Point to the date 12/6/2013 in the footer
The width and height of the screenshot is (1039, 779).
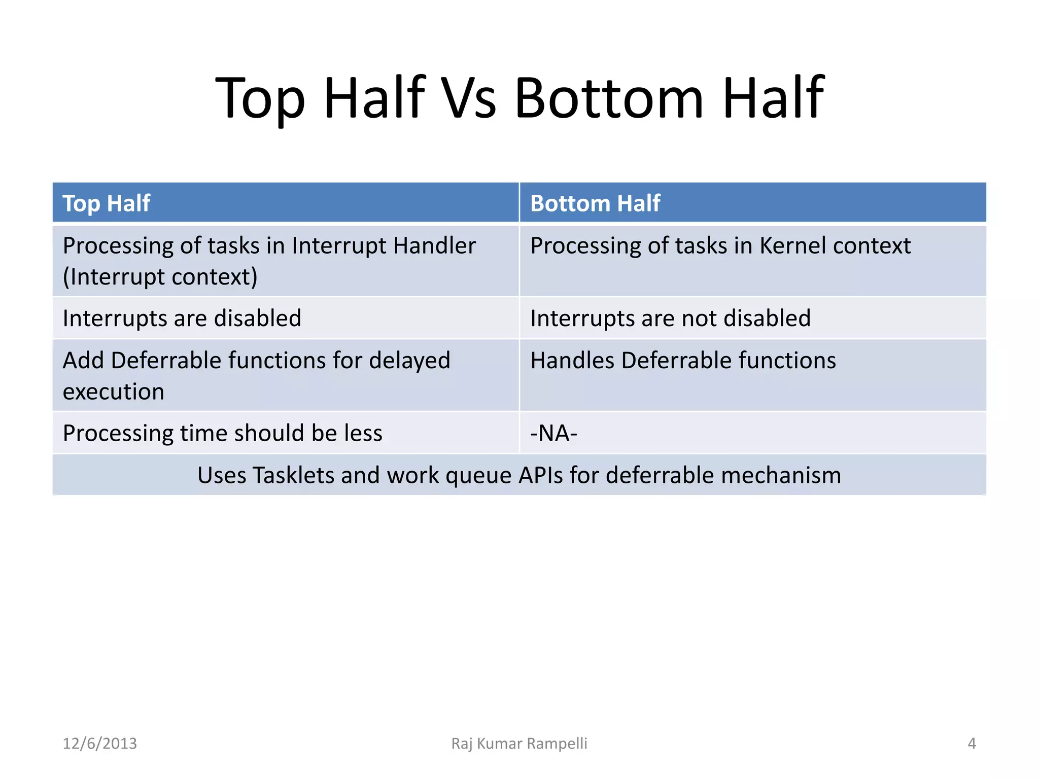(99, 743)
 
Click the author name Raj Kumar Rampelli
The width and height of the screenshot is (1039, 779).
(519, 743)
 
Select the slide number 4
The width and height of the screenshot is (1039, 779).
(972, 743)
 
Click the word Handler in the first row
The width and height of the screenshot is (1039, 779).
(434, 246)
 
